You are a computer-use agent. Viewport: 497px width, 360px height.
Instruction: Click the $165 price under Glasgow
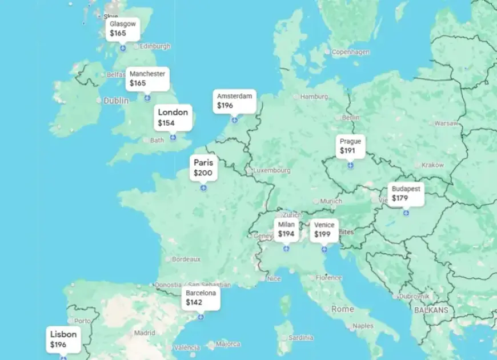point(118,33)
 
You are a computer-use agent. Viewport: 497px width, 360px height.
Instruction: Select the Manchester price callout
point(147,79)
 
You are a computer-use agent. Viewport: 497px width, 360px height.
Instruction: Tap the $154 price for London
point(166,123)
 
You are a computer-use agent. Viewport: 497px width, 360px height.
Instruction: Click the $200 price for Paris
point(202,173)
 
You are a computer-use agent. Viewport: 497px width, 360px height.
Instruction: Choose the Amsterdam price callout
point(234,101)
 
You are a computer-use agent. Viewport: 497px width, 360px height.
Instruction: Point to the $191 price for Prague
point(348,151)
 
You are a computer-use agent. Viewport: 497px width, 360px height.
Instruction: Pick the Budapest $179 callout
point(406,194)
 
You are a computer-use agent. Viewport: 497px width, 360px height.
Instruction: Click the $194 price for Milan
point(286,234)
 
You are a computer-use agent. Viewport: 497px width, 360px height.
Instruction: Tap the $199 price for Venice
point(322,234)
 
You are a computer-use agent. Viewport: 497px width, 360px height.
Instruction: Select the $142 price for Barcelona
point(194,302)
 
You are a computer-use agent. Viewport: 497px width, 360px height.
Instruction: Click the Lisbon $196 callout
point(63,339)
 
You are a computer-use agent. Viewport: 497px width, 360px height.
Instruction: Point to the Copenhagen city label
point(350,52)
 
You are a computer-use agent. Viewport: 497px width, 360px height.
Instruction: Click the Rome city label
point(343,309)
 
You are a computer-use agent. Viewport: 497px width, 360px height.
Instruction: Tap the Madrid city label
point(145,333)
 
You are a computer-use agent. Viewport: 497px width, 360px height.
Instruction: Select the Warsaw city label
point(446,123)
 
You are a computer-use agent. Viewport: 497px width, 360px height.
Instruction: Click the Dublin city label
point(116,100)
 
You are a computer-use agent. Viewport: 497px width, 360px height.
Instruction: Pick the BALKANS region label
point(431,310)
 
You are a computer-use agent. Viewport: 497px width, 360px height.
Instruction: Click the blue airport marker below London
point(173,138)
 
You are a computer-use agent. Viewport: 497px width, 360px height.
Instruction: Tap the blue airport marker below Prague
point(350,166)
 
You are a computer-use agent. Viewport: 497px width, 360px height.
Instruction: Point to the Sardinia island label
point(300,338)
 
